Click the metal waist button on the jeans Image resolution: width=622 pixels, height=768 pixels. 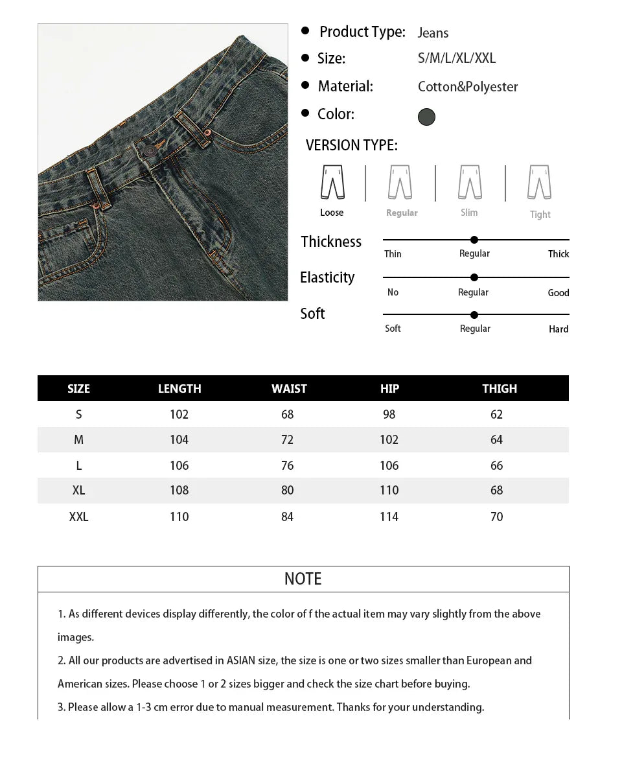point(150,150)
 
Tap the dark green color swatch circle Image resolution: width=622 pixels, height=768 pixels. point(426,117)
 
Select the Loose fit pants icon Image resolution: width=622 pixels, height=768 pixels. point(332,182)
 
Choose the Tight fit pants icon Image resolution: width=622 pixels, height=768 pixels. point(539,182)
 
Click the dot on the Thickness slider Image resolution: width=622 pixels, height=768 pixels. point(474,240)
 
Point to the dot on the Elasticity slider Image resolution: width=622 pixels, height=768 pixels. point(474,277)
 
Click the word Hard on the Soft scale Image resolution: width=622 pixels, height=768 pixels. point(558,329)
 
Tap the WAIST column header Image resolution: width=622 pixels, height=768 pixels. point(289,389)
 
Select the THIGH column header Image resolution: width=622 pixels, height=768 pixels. point(500,389)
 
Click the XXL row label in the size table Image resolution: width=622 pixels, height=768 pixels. point(78,517)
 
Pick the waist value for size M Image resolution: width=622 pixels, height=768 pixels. point(287,440)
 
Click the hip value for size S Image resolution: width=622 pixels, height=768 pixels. point(389,415)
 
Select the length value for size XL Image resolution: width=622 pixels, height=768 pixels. point(179,491)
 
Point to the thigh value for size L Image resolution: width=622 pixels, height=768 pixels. point(496,465)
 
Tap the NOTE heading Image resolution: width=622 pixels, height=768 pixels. point(303,579)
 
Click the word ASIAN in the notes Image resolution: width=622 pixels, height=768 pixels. point(241,660)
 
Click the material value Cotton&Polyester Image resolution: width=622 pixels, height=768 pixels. point(467,87)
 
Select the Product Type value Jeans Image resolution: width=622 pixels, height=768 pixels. point(433,33)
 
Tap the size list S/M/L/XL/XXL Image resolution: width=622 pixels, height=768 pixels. point(457,58)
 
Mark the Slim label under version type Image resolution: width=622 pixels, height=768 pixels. point(469,213)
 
